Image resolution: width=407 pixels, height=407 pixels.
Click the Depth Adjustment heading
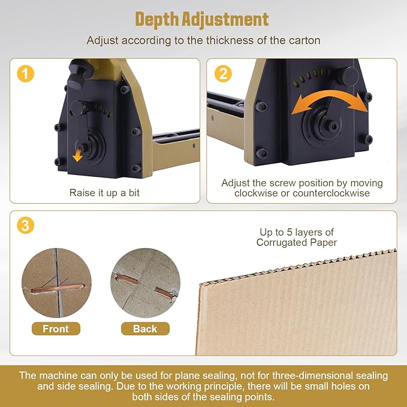click(202, 19)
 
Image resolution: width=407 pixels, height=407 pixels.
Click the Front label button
click(55, 328)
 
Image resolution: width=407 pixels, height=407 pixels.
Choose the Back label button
click(145, 328)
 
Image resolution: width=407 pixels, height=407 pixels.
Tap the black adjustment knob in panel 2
click(348, 76)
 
